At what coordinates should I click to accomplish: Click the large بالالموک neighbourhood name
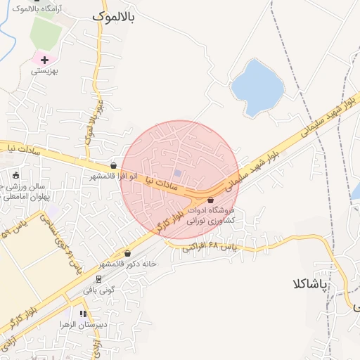click(117, 15)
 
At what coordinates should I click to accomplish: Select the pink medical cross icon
click(45, 60)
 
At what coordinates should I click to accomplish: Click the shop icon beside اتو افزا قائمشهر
click(114, 167)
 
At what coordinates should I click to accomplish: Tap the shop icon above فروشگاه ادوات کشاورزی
click(210, 201)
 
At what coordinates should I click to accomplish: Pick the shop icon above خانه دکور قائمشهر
click(127, 254)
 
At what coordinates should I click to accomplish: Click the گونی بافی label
click(98, 288)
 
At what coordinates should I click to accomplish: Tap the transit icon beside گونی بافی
click(98, 278)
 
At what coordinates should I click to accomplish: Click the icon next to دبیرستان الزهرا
click(83, 314)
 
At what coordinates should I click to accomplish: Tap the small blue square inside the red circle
click(178, 174)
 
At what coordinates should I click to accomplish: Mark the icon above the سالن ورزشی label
click(16, 175)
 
